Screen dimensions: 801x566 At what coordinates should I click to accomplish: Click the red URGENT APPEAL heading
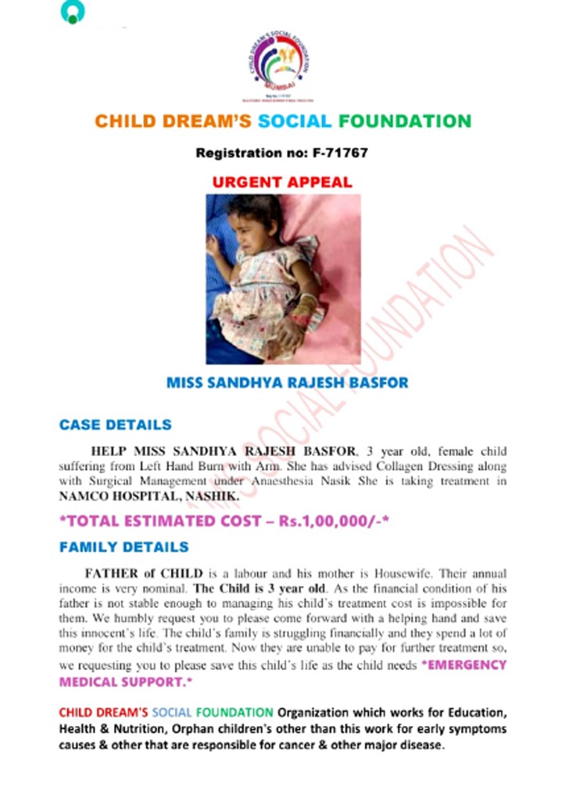click(x=282, y=182)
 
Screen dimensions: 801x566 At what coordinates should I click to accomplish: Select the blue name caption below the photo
click(x=288, y=384)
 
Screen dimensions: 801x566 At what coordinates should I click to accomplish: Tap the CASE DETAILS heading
click(x=115, y=426)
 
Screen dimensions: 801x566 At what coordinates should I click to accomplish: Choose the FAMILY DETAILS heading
click(x=124, y=548)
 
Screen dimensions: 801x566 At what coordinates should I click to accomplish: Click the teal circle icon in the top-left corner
click(x=72, y=12)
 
